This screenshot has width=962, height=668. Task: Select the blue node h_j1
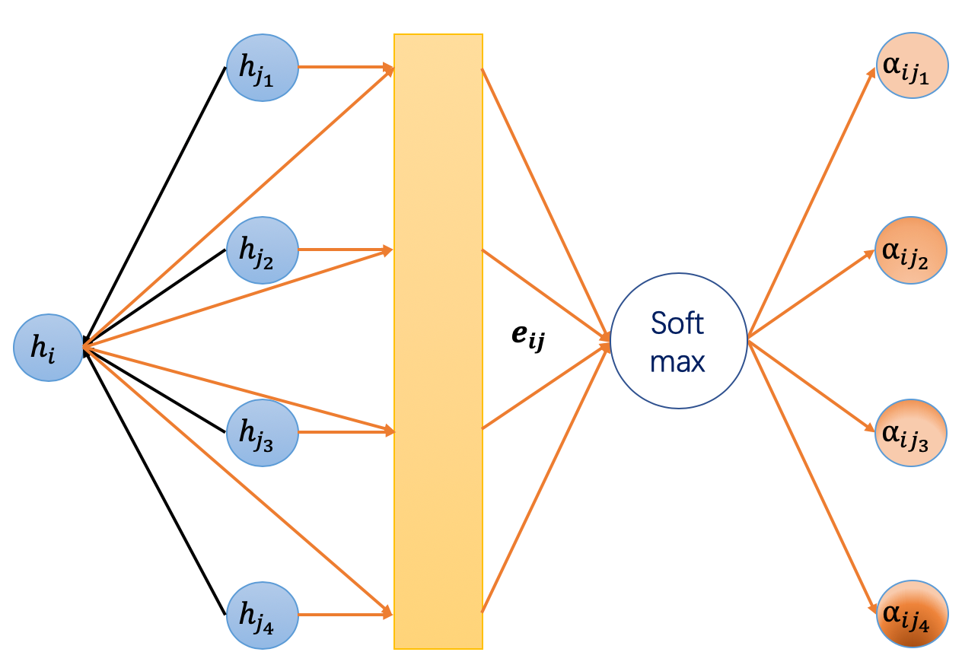263,66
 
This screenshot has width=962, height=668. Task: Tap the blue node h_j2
263,250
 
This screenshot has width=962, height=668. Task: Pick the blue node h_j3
263,432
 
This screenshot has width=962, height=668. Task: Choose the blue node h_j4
263,615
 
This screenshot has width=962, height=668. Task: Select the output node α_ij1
911,66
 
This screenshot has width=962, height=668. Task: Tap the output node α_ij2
911,250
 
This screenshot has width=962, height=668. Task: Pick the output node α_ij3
911,432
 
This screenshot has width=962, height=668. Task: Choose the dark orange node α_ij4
911,615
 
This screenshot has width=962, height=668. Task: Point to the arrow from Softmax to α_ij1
811,202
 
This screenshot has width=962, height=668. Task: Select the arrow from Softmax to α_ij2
811,294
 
